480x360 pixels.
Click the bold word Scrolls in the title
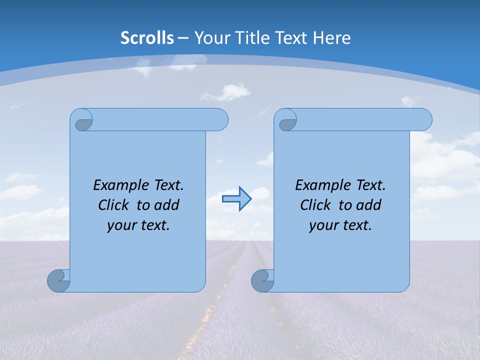(x=147, y=38)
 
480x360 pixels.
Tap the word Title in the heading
(x=252, y=38)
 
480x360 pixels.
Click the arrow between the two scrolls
(x=236, y=199)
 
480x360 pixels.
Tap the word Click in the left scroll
(x=113, y=205)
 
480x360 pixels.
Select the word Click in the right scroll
(x=315, y=205)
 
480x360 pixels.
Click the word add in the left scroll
(x=167, y=205)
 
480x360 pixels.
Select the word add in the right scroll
(x=369, y=205)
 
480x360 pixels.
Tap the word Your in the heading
(x=209, y=38)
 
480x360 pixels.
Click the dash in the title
(x=183, y=38)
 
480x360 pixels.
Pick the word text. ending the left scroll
(x=153, y=225)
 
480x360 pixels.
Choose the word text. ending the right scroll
(x=355, y=225)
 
